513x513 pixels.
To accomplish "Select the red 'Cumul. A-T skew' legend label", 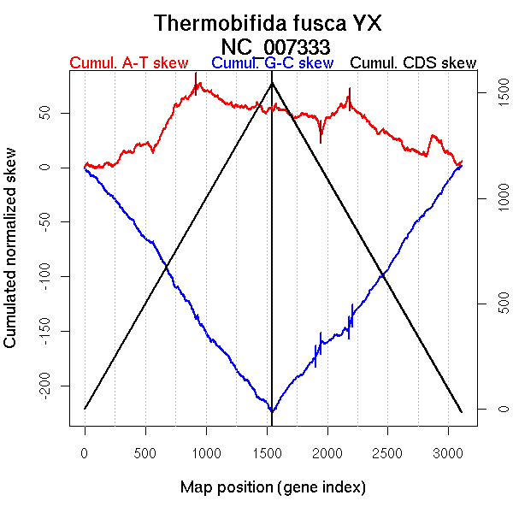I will (129, 63).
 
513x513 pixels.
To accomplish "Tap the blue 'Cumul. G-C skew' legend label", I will (272, 63).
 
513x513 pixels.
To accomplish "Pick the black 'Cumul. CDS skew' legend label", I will (414, 63).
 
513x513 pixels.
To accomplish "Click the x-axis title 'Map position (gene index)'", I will (274, 487).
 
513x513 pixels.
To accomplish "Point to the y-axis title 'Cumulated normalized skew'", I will (11, 259).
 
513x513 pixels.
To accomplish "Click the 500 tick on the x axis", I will (145, 451).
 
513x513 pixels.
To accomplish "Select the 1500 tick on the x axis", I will (267, 451).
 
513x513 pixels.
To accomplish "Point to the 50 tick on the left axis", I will (56, 113).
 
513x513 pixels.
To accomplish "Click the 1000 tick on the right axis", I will (492, 199).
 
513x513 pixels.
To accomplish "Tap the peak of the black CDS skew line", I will (272, 83).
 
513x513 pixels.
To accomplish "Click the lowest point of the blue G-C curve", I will (271, 411).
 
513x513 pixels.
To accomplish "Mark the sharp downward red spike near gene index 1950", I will (321, 142).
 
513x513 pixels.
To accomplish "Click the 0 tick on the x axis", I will (85, 451).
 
